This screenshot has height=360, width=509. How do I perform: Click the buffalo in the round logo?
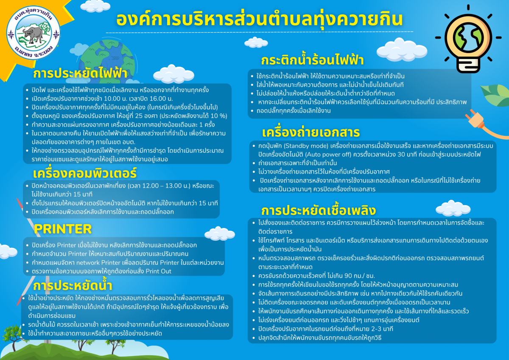[33, 34]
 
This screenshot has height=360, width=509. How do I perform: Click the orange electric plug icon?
[475, 119]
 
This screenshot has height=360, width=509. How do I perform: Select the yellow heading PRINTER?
[63, 229]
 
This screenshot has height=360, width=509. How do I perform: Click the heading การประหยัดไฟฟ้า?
[81, 74]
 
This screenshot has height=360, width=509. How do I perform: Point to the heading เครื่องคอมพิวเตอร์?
[85, 173]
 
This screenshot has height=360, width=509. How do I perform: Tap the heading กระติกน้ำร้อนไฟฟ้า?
[312, 60]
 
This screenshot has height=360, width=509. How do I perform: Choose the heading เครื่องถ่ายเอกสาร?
[311, 132]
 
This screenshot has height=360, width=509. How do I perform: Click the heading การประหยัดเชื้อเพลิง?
[319, 211]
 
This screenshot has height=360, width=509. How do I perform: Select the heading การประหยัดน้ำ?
[73, 285]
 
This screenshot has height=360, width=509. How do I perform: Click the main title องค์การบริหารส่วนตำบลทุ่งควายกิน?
[260, 20]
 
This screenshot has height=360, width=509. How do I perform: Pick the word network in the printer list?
[88, 263]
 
